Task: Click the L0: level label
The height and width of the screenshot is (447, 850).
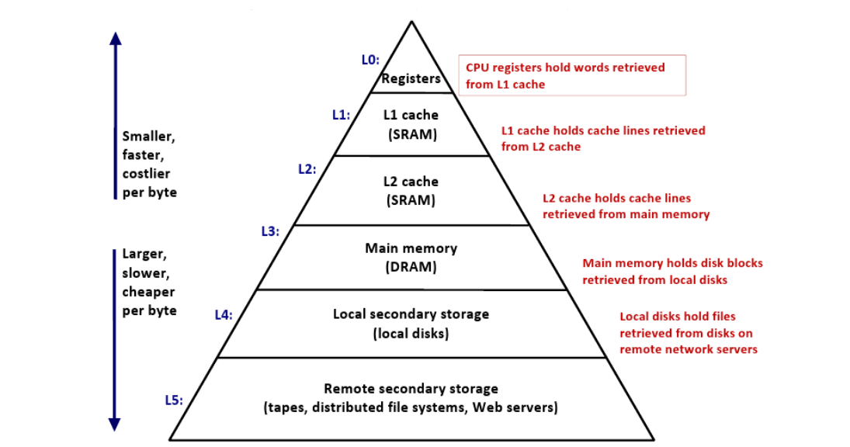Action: click(370, 60)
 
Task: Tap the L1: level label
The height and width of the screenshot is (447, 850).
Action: click(341, 115)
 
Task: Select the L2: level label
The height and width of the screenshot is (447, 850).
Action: click(307, 169)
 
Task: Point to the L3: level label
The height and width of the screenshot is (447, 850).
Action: click(270, 231)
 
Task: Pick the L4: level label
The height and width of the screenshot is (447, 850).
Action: click(224, 315)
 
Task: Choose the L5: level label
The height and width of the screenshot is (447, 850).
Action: click(173, 400)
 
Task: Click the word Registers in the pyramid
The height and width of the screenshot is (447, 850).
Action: click(411, 78)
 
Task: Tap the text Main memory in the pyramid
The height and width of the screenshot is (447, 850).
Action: click(411, 248)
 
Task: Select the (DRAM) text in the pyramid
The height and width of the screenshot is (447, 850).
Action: click(411, 267)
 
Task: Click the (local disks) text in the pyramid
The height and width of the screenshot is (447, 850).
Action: click(411, 333)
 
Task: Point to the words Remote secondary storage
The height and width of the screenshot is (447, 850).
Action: click(411, 389)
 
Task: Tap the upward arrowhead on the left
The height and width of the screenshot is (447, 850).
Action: click(115, 38)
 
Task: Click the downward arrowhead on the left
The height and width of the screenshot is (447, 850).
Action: click(114, 424)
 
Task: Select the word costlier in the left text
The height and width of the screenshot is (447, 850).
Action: click(147, 174)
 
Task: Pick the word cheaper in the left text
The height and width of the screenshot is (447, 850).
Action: click(148, 292)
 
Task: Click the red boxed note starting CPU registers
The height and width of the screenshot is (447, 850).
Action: click(572, 75)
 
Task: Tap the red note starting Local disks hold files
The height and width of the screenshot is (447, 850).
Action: click(689, 333)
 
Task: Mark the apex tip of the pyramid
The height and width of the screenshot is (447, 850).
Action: click(412, 21)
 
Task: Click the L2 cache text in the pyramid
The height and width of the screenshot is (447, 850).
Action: click(411, 182)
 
